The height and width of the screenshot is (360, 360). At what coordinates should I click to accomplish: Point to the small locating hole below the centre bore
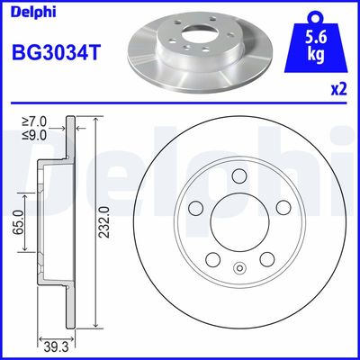238,267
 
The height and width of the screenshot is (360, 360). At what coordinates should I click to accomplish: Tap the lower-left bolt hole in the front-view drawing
213,259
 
